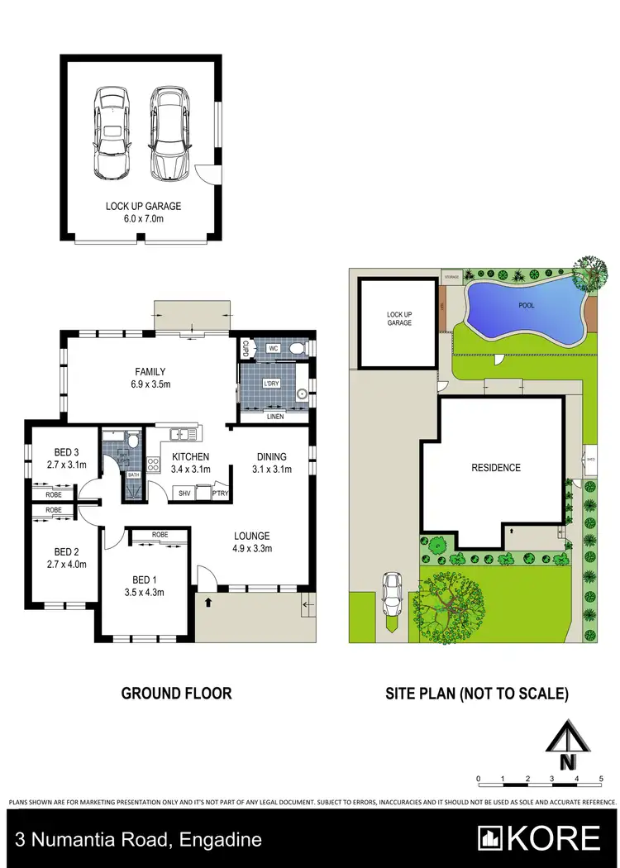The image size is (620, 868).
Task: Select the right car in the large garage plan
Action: click(169, 133)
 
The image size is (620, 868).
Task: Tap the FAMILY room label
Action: click(151, 371)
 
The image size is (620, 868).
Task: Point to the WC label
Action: click(274, 349)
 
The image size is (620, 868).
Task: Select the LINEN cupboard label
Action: click(275, 417)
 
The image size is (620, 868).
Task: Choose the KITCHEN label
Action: click(190, 456)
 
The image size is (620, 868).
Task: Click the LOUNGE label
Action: click(251, 536)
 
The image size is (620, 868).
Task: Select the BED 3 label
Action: click(68, 451)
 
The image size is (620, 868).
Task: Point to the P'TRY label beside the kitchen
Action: click(220, 494)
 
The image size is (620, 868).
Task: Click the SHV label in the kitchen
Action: click(184, 494)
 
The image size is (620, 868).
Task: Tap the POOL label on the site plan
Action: click(526, 306)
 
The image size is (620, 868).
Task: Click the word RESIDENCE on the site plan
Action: click(496, 468)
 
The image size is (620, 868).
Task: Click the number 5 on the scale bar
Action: click(601, 779)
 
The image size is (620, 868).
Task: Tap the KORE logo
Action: click(542, 839)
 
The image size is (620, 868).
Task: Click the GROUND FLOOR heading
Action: click(177, 693)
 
